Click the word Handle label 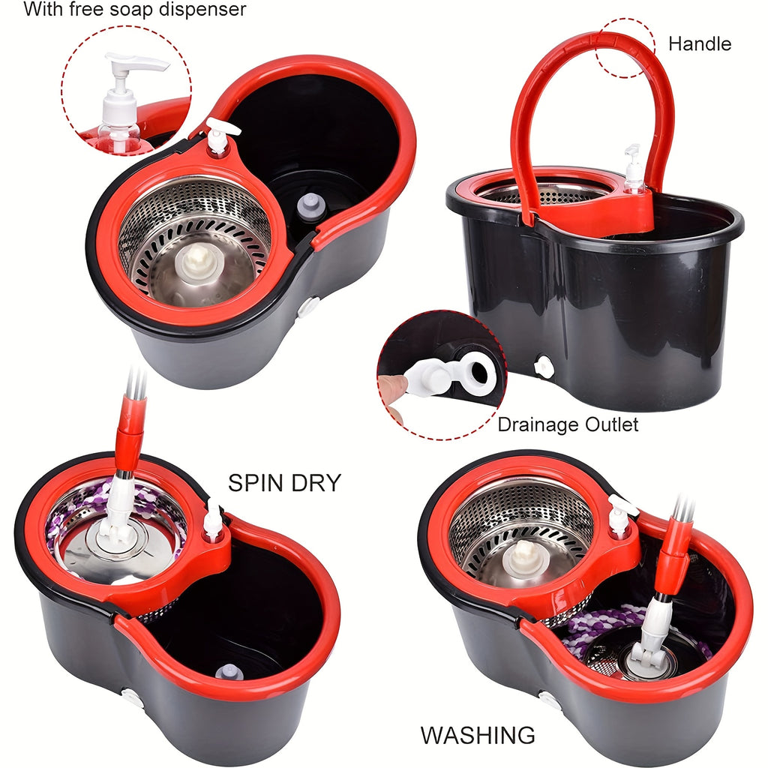tap(699, 44)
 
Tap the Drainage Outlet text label tap(568, 425)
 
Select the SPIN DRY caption tap(284, 483)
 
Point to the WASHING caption tap(478, 735)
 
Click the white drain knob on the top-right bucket tap(544, 367)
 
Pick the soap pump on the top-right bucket tap(634, 169)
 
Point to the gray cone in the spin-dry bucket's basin tap(229, 671)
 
